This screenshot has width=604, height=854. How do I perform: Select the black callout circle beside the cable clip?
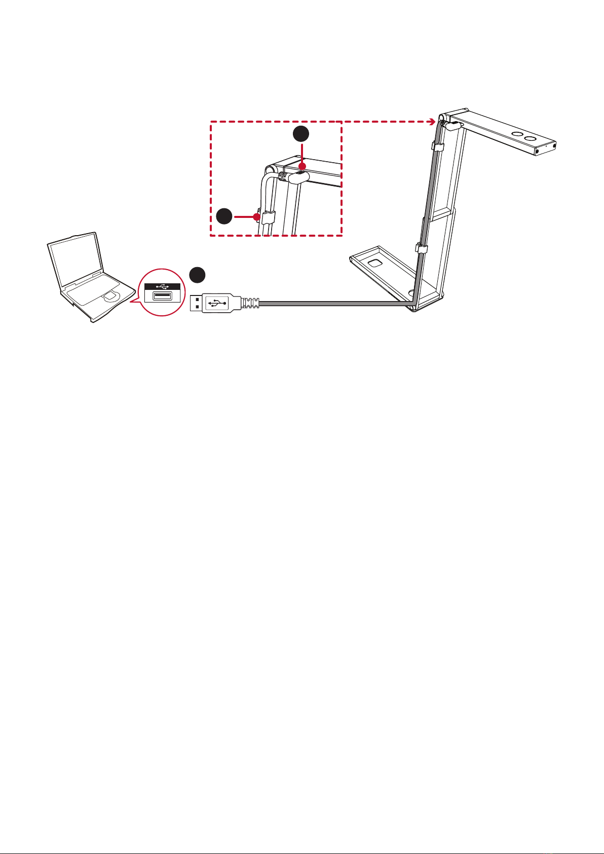tap(223, 216)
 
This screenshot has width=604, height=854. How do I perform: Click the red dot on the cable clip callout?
tap(257, 217)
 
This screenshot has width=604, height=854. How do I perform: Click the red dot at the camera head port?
tap(302, 166)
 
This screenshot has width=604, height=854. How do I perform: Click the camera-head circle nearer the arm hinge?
tap(517, 135)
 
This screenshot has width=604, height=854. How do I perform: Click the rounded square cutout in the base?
tap(376, 263)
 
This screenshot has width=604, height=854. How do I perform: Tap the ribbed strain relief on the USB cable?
tap(250, 303)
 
